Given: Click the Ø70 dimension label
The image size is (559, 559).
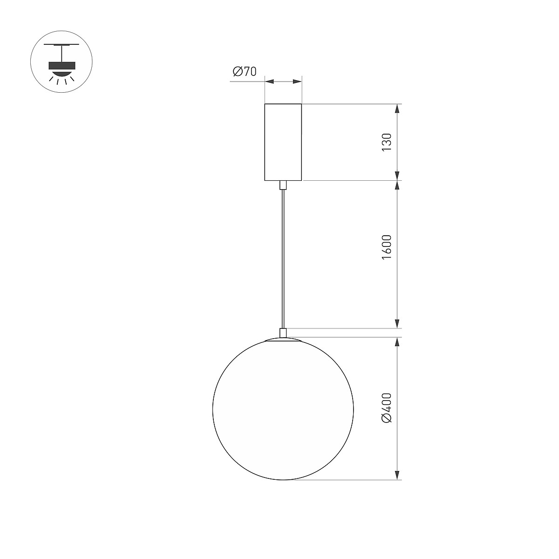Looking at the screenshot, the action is tap(245, 71).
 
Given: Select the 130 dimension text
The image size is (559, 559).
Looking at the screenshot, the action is tap(386, 142).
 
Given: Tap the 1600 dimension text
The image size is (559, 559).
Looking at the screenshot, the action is tap(386, 247).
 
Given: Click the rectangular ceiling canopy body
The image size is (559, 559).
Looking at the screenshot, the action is tap(283, 142).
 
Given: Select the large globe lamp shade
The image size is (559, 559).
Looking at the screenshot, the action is tap(283, 410).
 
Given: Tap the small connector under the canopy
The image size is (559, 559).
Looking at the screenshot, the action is tap(283, 185).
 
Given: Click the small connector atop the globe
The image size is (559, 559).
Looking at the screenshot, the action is tap(283, 333).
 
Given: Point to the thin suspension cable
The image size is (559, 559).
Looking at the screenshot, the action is tap(283, 259).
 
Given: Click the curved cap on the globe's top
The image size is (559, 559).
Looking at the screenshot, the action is tap(283, 340).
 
